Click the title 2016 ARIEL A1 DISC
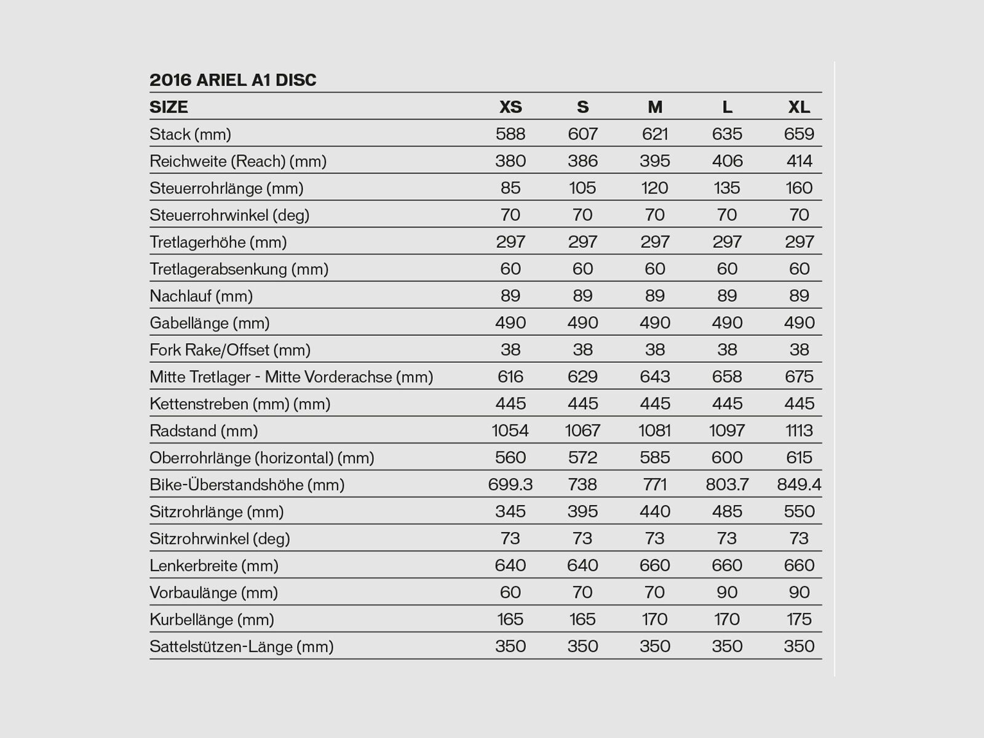pyautogui.click(x=232, y=80)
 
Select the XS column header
pyautogui.click(x=510, y=107)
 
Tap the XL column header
pyautogui.click(x=799, y=107)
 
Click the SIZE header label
pyautogui.click(x=169, y=107)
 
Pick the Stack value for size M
pyautogui.click(x=654, y=134)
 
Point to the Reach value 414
pyautogui.click(x=799, y=161)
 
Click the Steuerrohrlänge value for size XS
pyautogui.click(x=510, y=188)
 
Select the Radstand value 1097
pyautogui.click(x=727, y=430)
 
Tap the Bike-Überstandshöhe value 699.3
pyautogui.click(x=510, y=485)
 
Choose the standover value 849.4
pyautogui.click(x=799, y=485)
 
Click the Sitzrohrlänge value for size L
pyautogui.click(x=727, y=512)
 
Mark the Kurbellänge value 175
pyautogui.click(x=799, y=619)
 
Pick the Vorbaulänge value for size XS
pyautogui.click(x=510, y=592)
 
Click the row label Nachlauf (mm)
pyautogui.click(x=201, y=296)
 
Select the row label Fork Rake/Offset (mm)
pyautogui.click(x=229, y=350)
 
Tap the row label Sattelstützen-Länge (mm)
pyautogui.click(x=241, y=646)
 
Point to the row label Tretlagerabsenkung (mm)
pyautogui.click(x=239, y=269)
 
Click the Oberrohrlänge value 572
pyautogui.click(x=582, y=458)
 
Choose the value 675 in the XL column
pyautogui.click(x=799, y=376)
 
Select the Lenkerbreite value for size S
pyautogui.click(x=582, y=565)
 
